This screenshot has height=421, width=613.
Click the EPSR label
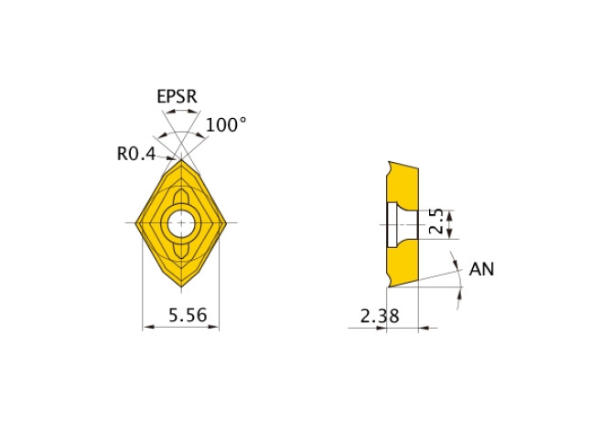coord(177,96)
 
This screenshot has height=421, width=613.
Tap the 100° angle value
coord(225,124)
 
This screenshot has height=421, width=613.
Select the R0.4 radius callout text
coord(136,154)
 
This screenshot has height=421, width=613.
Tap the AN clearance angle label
coord(482,269)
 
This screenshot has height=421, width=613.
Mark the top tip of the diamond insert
coord(181,160)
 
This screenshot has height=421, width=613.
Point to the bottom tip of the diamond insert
coord(181,286)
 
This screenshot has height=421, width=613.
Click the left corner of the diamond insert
coord(136,222)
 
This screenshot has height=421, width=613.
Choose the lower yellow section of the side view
coord(402,265)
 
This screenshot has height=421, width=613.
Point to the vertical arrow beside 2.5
coord(450,223)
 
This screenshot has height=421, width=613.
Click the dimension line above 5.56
coord(181,327)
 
